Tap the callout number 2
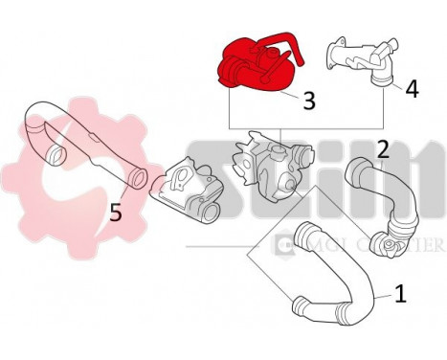coord(382,149)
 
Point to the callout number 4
coord(412,88)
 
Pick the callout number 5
coord(116,212)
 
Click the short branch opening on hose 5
coord(57,153)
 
